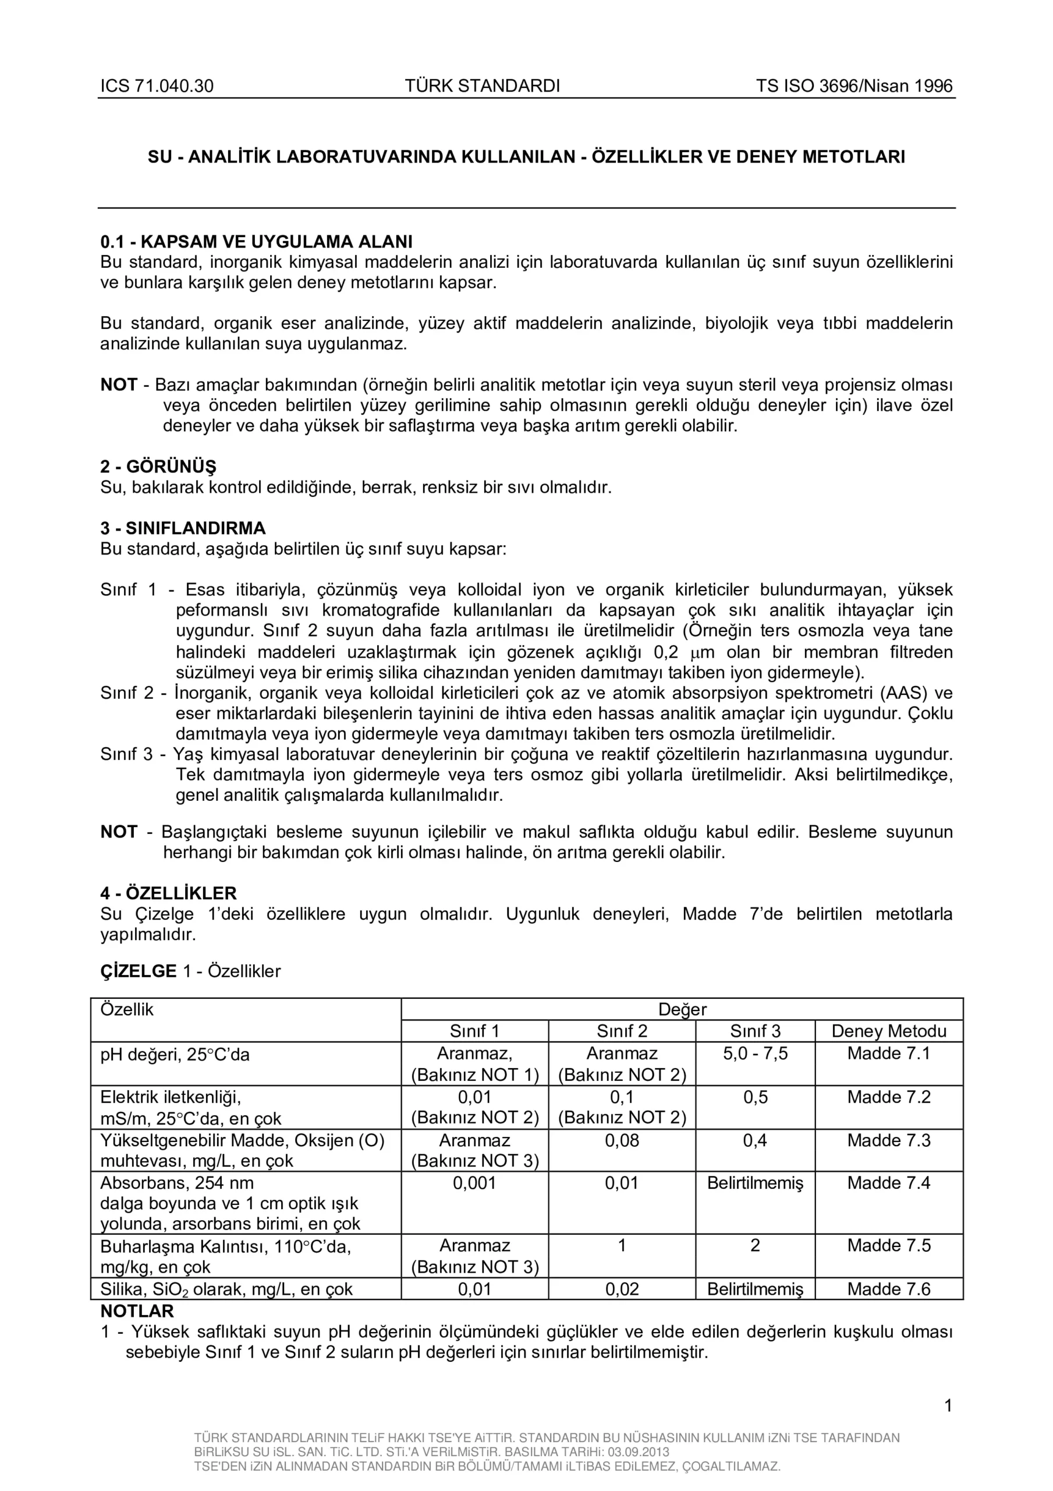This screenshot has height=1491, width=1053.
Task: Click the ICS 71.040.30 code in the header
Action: coord(157,86)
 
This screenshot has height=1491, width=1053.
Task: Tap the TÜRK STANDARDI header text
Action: coord(483,86)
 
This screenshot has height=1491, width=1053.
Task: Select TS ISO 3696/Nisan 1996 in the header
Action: coord(854,86)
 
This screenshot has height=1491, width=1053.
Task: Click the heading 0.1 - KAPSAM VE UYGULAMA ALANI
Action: coord(257,242)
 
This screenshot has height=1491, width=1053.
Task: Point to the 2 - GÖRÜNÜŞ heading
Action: coord(158,467)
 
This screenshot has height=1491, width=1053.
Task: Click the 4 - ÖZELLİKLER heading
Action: coord(168,893)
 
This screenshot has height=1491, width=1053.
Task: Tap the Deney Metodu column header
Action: coord(888,1030)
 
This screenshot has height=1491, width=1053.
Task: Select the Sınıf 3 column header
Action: coord(755,1030)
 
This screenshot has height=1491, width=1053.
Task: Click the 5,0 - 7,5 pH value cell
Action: coord(755,1052)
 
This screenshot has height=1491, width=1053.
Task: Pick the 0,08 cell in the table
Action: coord(622,1140)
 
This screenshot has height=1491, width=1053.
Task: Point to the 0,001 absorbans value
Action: coord(474,1182)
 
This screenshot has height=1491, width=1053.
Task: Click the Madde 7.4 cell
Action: coord(888,1182)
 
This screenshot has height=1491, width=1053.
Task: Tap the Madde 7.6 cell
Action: coord(888,1288)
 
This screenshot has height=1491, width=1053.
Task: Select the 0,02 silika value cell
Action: coord(622,1288)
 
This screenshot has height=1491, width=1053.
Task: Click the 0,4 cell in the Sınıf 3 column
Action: coord(755,1140)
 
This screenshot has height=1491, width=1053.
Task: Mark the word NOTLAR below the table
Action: coord(137,1310)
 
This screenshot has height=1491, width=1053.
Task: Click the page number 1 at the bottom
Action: coord(948,1406)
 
